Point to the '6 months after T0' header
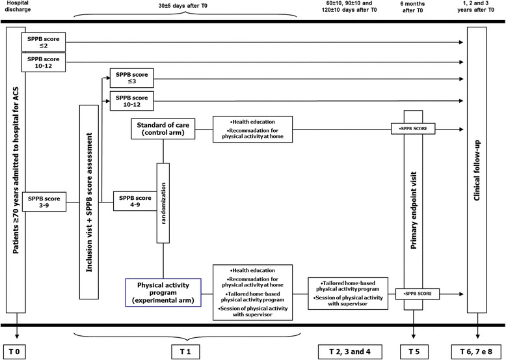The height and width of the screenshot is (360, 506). coord(414,7)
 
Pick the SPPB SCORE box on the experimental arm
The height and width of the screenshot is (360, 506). coord(414,295)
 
